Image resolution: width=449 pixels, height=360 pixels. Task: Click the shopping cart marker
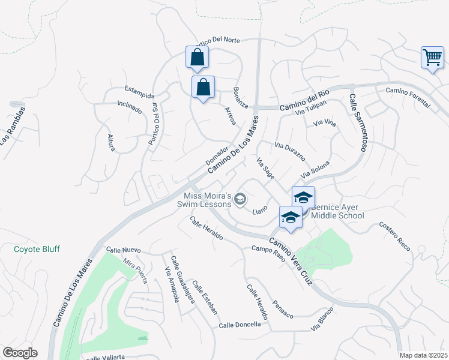432,58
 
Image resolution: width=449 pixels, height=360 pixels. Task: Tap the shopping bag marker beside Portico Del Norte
197,58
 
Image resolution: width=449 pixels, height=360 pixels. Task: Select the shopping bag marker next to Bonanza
203,87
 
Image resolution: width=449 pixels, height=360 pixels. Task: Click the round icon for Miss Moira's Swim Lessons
240,199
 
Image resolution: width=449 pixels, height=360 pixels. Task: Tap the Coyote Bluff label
37,249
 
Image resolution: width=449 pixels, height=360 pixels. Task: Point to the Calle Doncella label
240,325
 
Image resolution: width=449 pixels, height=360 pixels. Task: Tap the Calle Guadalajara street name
181,280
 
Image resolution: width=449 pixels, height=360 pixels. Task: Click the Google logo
20,353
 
